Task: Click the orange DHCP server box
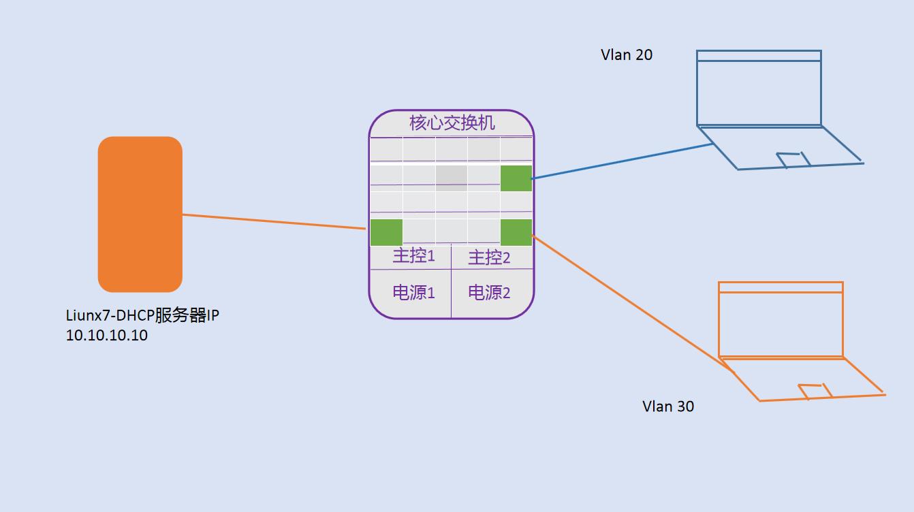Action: [140, 214]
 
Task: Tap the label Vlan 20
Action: [626, 55]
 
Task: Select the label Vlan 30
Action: [668, 406]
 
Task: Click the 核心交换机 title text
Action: [452, 123]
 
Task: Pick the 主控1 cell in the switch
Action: [413, 257]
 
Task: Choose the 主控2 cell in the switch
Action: [489, 257]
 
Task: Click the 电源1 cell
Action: [413, 293]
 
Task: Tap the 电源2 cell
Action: [489, 293]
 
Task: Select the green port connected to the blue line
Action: [516, 178]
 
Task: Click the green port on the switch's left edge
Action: [386, 232]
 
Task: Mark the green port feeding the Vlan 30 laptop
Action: [516, 232]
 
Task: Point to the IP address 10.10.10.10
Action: [107, 336]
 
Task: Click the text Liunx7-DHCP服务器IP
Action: [142, 317]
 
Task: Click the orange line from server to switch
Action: [272, 221]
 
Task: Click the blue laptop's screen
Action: [759, 93]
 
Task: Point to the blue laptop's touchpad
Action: [793, 159]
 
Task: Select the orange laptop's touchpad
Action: [815, 391]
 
